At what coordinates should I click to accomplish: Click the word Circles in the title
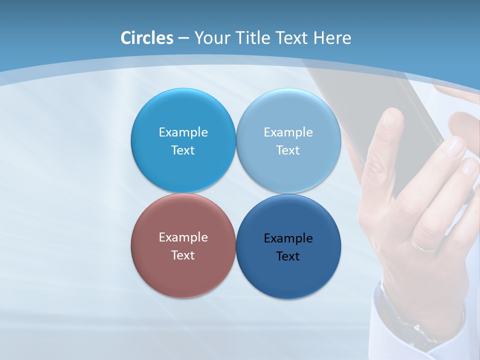point(147,38)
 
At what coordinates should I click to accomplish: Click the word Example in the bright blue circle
point(183,132)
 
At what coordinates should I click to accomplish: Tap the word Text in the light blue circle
point(288,150)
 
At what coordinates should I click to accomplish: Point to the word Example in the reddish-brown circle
point(183,237)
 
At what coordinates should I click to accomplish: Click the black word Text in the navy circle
point(288,256)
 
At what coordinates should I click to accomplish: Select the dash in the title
point(183,38)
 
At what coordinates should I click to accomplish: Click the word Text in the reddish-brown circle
point(183,255)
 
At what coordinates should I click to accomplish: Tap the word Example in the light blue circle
point(288,132)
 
